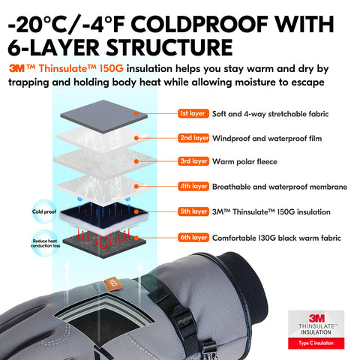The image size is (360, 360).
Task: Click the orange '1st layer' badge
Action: (193, 113)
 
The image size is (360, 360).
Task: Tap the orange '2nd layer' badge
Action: (193, 138)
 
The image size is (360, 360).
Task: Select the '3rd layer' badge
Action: (193, 161)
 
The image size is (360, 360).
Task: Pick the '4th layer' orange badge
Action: (193, 186)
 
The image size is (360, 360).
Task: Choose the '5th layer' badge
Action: (193, 211)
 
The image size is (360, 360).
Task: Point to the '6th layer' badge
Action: (193, 237)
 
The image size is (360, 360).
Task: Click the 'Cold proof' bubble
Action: (44, 211)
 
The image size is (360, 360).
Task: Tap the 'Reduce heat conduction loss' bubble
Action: (45, 243)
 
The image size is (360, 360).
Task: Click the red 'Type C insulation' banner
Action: (316, 343)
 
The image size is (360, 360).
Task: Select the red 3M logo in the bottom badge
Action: (316, 318)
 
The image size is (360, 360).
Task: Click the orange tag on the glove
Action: (112, 283)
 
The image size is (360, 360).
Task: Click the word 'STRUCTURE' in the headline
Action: (169, 47)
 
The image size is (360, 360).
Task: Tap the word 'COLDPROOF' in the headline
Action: (199, 24)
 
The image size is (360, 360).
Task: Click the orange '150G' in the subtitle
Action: (112, 68)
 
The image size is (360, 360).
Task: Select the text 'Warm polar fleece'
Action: (244, 162)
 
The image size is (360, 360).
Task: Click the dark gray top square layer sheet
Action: (103, 115)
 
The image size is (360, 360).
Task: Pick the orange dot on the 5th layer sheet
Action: (136, 211)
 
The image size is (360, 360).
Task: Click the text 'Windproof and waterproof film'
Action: (267, 139)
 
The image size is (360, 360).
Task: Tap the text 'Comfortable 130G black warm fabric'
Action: (277, 238)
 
